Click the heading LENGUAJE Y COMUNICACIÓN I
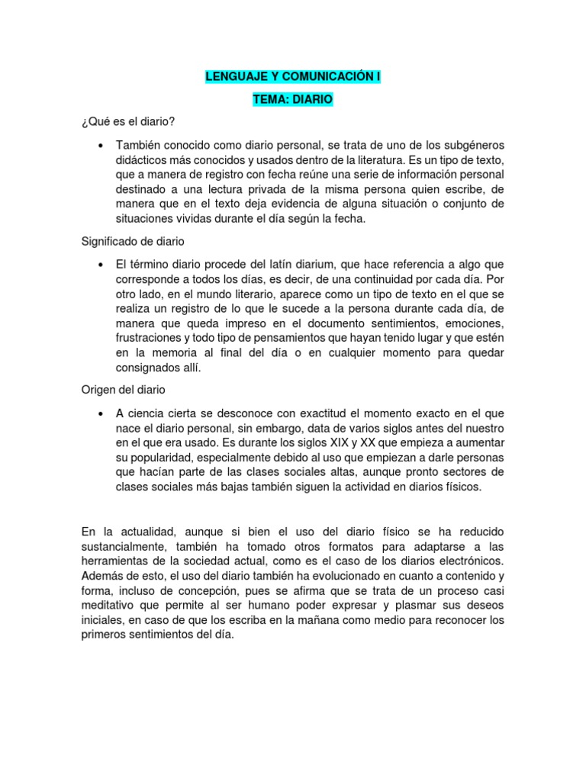click(x=293, y=77)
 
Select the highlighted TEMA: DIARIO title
click(x=293, y=100)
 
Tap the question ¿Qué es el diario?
click(x=132, y=122)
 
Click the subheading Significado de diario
click(x=133, y=241)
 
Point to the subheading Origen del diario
click(x=123, y=389)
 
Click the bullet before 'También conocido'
click(x=101, y=145)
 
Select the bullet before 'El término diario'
click(x=101, y=264)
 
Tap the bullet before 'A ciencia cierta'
click(x=101, y=412)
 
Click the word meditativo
click(x=109, y=606)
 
